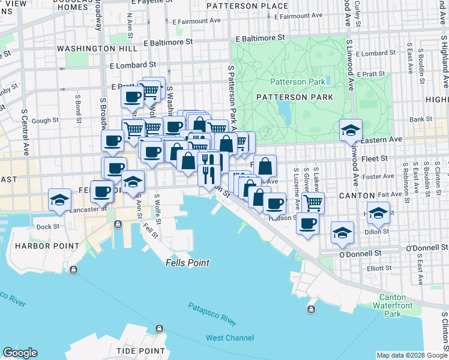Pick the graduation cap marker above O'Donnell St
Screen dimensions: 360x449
pyautogui.click(x=342, y=233)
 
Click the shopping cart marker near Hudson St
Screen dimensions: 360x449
pyautogui.click(x=313, y=203)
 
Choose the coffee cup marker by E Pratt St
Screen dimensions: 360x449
pyautogui.click(x=132, y=97)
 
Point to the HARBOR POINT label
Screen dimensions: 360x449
pyautogui.click(x=47, y=246)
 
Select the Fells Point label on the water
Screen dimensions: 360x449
pyautogui.click(x=187, y=263)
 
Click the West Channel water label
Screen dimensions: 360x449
pyautogui.click(x=230, y=338)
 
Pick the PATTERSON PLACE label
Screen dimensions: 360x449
pyautogui.click(x=247, y=6)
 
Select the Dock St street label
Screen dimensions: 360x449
pyautogui.click(x=48, y=227)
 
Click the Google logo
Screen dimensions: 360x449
pyautogui.click(x=20, y=353)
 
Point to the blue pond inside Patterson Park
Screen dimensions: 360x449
pyautogui.click(x=284, y=108)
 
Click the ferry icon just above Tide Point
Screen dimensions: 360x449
pyautogui.click(x=159, y=328)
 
